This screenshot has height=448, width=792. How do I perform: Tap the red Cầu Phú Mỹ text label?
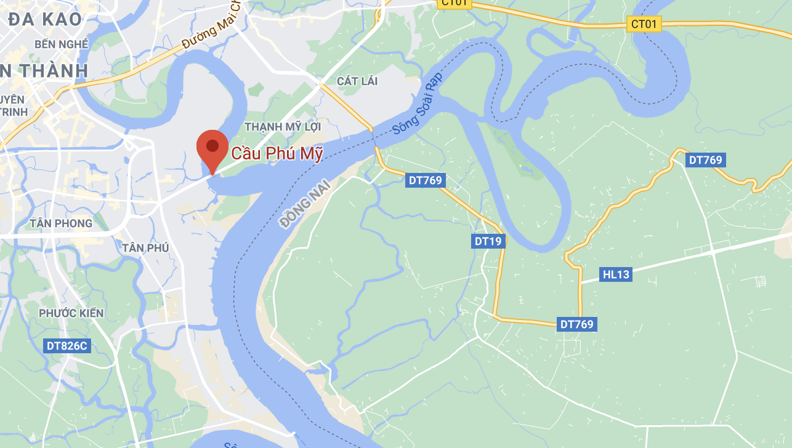tap(277, 154)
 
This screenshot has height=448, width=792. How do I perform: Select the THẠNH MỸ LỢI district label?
tap(283, 126)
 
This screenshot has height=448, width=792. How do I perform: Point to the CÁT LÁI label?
tap(357, 81)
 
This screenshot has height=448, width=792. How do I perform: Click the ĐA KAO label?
tap(44, 19)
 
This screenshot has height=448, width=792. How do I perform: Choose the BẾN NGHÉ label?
tap(62, 44)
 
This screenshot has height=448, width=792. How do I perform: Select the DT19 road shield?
tap(488, 241)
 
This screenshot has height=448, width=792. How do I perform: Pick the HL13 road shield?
tap(616, 274)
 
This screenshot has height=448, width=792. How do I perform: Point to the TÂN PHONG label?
tap(61, 223)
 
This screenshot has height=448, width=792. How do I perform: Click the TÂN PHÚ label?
tap(145, 247)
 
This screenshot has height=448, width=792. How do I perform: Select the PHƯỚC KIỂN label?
tap(71, 313)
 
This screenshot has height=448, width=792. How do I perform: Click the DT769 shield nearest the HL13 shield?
tap(578, 324)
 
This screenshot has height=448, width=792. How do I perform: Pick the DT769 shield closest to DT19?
tap(426, 180)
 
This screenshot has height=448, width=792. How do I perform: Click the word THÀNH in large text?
tap(48, 70)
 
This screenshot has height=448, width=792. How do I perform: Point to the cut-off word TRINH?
tap(14, 112)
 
